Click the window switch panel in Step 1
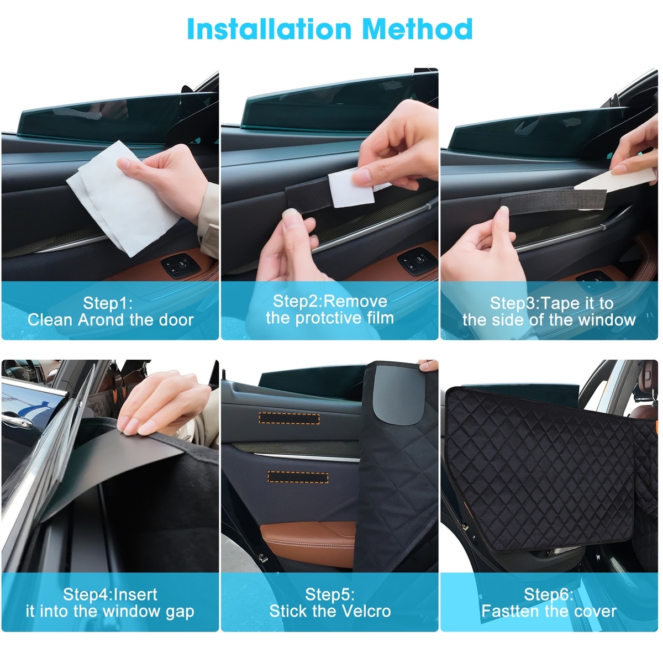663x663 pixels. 181,265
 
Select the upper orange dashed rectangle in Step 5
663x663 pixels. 289,418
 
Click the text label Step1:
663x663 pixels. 108,303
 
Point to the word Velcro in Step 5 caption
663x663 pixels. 366,611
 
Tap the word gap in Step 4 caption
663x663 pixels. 180,612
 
